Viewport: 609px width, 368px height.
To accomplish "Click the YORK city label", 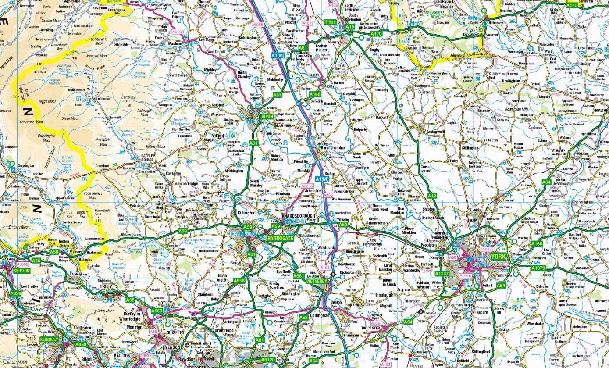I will click(498, 257).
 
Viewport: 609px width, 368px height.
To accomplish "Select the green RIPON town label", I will click(267, 117).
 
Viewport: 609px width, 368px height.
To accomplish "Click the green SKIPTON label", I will click(21, 271).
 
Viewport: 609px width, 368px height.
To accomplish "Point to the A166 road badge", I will click(537, 243).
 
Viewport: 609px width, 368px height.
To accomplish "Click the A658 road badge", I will click(239, 281).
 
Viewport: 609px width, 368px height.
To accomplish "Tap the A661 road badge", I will click(299, 276).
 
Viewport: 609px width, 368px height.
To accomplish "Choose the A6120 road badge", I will click(267, 359).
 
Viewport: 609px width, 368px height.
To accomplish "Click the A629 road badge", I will click(15, 293).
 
